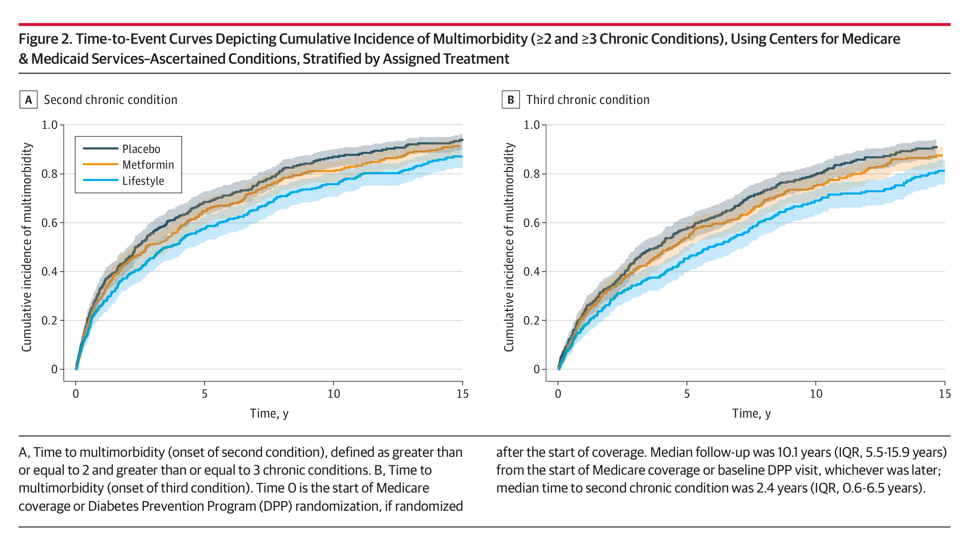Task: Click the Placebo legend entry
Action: pos(122,149)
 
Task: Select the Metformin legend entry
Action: pos(129,165)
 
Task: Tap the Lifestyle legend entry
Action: pos(124,181)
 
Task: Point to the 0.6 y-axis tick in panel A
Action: pos(49,223)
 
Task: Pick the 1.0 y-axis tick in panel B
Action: pos(532,125)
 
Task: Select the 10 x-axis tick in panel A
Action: pos(334,394)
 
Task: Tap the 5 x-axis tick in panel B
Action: pos(687,394)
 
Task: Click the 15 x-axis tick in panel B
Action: pos(945,394)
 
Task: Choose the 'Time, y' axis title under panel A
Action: pos(269,414)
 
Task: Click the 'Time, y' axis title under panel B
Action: pos(751,414)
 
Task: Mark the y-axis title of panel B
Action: pos(509,247)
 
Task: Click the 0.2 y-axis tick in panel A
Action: pos(49,321)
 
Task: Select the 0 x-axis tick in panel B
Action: pos(558,394)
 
